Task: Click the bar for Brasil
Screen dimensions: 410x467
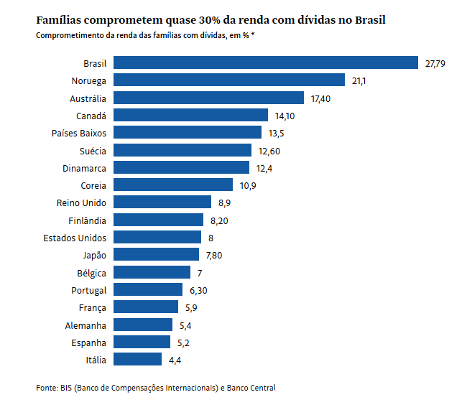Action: tap(265, 63)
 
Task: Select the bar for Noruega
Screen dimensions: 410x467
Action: tap(229, 80)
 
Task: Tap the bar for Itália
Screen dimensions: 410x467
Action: tap(137, 360)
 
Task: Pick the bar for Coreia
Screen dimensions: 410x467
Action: tap(173, 185)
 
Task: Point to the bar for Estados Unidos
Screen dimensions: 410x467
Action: tap(157, 238)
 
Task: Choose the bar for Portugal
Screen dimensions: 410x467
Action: tap(148, 290)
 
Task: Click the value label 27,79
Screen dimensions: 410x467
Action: tap(435, 64)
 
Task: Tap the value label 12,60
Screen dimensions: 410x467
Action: tap(269, 151)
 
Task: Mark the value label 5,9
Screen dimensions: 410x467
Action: tap(190, 308)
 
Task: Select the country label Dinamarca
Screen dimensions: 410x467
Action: tap(85, 168)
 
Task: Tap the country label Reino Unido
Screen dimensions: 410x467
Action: tap(81, 203)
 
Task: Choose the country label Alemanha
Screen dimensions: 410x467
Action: tap(85, 325)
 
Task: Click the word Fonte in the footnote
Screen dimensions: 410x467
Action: tap(46, 388)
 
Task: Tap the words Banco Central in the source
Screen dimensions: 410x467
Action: tap(251, 388)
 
